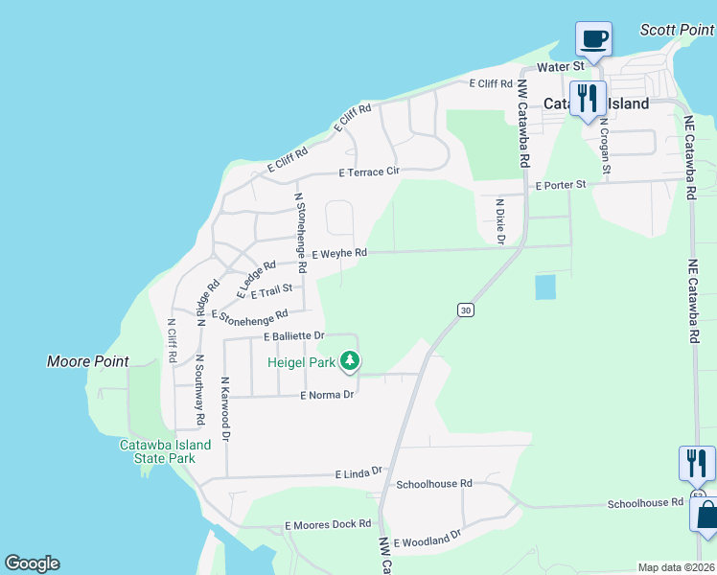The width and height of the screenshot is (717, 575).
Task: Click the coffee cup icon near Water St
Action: [x=594, y=39]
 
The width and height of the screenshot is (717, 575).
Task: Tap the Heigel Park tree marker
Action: [x=351, y=361]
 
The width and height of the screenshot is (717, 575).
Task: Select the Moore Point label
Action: [x=88, y=361]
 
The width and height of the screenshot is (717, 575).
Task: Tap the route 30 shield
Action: [x=465, y=310]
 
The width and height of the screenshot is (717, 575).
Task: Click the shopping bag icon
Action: [x=706, y=514]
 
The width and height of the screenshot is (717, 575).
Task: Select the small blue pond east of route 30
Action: [x=544, y=287]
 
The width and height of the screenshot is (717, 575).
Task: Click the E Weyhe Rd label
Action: [x=340, y=254]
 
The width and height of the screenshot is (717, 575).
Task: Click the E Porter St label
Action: [x=561, y=185]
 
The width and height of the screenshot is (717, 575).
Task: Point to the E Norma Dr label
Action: [x=328, y=395]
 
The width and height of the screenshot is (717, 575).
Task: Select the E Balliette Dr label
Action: [x=295, y=336]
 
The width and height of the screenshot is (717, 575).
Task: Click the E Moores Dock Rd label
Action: [x=328, y=525]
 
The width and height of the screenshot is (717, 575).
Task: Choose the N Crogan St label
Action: [x=605, y=146]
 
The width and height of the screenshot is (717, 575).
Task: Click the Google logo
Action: [x=32, y=563]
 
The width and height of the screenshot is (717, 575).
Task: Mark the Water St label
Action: [x=561, y=67]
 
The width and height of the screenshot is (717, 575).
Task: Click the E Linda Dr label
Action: [x=358, y=472]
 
